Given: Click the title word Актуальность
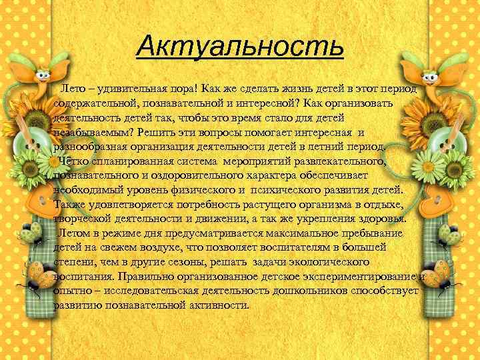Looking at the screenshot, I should (x=239, y=47).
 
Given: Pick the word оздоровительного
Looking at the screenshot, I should (x=173, y=175).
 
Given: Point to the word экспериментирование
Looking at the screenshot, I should (x=361, y=277).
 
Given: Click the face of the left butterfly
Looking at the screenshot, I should (x=41, y=72).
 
